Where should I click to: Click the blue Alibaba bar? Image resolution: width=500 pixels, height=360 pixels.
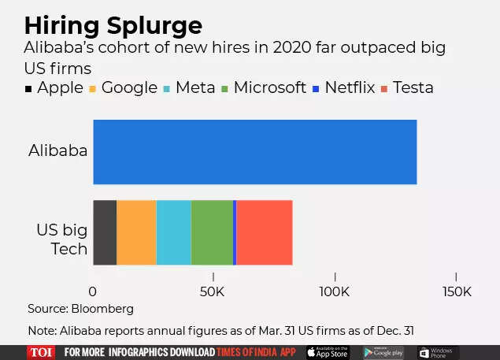pos(254,152)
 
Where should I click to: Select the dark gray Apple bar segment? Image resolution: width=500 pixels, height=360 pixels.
pos(105,232)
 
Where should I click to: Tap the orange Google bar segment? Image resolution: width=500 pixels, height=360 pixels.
pos(136,232)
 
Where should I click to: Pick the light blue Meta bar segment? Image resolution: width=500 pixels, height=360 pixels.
pos(173,232)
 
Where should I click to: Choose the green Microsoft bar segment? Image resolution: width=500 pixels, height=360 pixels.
pos(212,232)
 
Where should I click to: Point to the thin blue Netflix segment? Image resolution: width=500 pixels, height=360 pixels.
pos(235,232)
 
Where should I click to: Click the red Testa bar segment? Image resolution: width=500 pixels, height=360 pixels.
pos(265,232)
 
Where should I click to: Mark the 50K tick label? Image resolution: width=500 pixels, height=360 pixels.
pos(213,291)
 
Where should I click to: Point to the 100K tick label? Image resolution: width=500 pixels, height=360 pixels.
pos(335,291)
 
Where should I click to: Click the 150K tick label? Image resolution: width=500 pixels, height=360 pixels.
pos(456,291)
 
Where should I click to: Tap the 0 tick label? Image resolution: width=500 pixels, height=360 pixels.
pos(93,291)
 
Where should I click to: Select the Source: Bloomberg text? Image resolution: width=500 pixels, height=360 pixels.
pos(80,309)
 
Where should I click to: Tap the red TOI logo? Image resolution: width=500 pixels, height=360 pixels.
pos(41,352)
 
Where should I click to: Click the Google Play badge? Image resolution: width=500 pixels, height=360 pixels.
pos(383,352)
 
